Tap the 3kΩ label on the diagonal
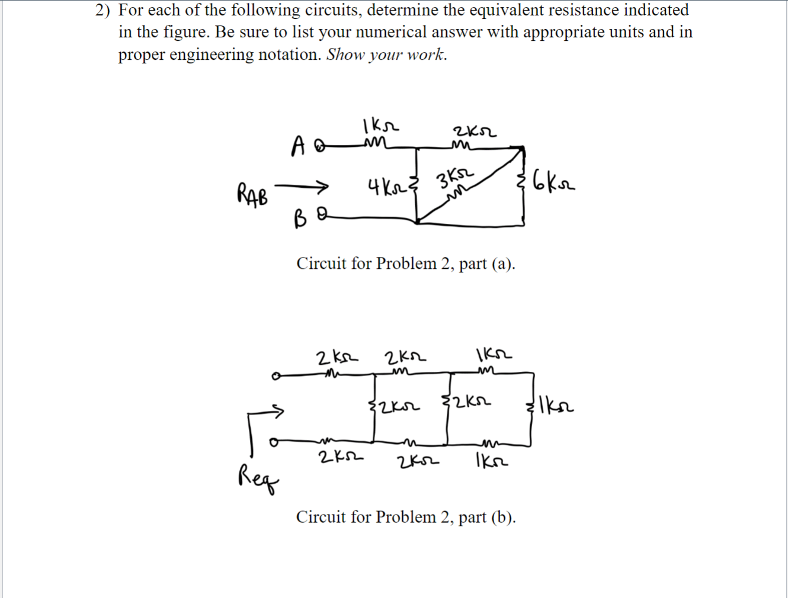click(455, 178)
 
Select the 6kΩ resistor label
click(553, 180)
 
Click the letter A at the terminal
click(299, 146)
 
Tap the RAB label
click(252, 194)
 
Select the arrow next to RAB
click(301, 187)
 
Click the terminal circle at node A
click(319, 146)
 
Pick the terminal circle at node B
click(321, 217)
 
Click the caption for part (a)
click(406, 263)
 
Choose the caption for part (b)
click(406, 517)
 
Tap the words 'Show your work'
click(386, 54)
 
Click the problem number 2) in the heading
click(104, 10)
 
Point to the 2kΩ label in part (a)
click(475, 131)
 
